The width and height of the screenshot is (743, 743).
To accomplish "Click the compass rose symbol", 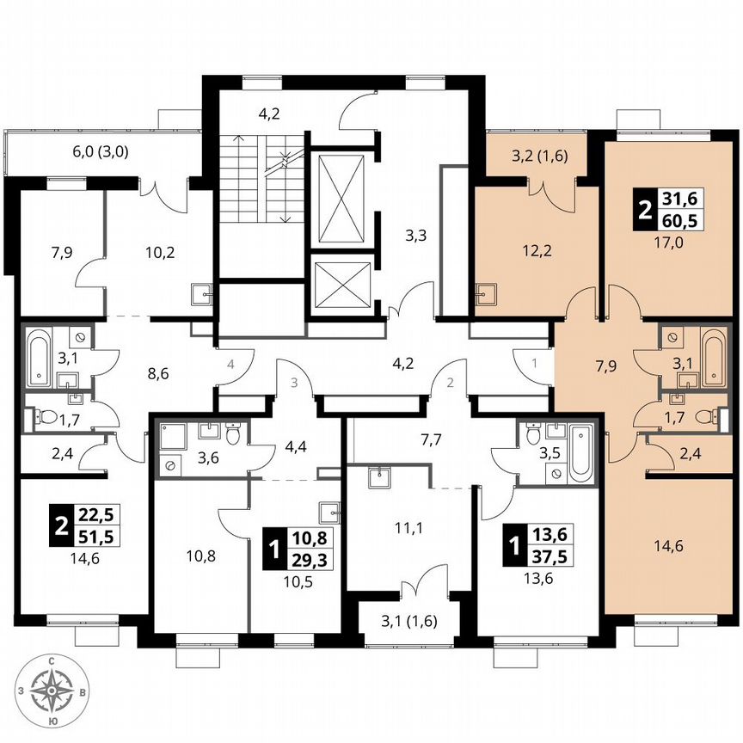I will pos(53,690).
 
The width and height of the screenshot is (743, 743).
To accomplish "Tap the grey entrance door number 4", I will pos(230,365).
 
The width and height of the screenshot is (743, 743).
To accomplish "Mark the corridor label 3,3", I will pos(417,233).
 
